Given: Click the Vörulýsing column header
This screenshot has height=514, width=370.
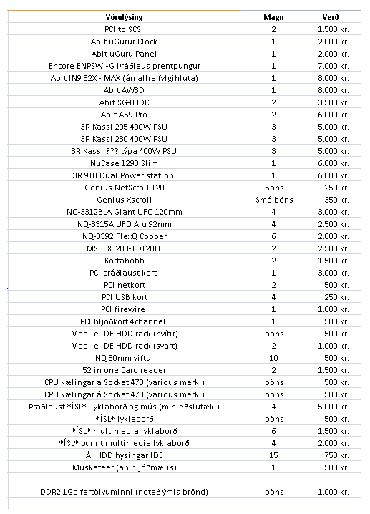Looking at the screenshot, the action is click(x=134, y=16).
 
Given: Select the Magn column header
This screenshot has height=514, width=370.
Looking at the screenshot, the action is click(x=273, y=16).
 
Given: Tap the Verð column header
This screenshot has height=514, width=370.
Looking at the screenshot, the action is click(x=330, y=16).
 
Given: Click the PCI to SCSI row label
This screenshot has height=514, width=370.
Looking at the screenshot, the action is click(x=134, y=29).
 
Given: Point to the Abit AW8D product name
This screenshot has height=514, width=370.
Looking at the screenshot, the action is click(x=134, y=90).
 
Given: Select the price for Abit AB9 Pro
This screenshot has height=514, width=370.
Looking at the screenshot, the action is click(x=334, y=115).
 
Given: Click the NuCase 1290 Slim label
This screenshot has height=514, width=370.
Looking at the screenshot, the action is click(x=134, y=163).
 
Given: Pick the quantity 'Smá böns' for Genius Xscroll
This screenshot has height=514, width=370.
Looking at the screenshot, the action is click(x=273, y=200).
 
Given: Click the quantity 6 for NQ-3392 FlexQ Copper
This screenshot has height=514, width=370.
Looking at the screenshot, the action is click(x=273, y=236).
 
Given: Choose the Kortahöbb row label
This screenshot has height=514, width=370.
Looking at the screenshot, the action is click(x=134, y=261).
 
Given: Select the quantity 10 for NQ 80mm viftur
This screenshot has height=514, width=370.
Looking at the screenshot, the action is click(x=273, y=358).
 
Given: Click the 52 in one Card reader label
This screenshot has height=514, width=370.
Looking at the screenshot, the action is click(x=134, y=370).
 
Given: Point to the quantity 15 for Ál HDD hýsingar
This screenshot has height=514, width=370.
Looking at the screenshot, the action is click(x=273, y=455).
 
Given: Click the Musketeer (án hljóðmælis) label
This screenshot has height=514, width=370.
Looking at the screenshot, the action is click(x=134, y=467).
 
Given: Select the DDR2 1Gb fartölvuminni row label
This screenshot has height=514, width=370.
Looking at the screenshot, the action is click(x=134, y=492).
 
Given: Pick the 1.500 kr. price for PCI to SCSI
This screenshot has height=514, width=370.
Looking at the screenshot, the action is click(x=334, y=29).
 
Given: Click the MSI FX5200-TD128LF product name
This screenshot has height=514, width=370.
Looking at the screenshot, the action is click(x=134, y=248).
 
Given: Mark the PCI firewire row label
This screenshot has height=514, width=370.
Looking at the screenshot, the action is click(x=134, y=309).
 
